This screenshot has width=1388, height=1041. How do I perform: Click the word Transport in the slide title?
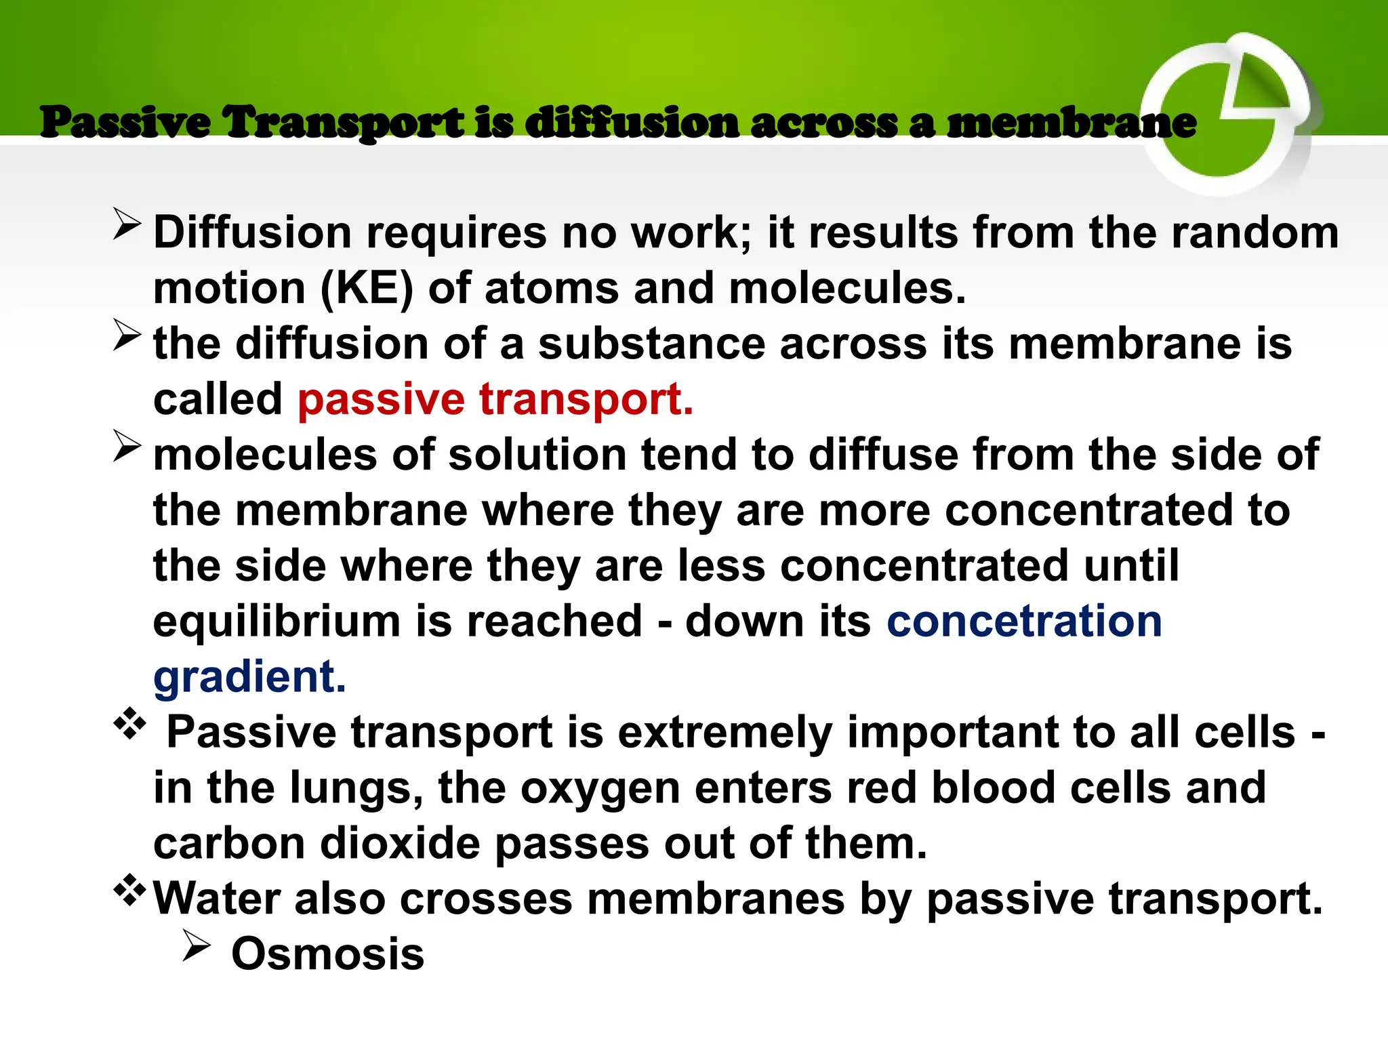click(344, 123)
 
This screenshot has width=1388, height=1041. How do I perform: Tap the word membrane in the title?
click(1071, 123)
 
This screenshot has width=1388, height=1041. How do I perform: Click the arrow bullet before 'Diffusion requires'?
click(127, 224)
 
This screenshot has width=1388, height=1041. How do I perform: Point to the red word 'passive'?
click(381, 400)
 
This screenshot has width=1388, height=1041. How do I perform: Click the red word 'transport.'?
click(586, 400)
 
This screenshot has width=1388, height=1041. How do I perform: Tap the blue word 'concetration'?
click(1024, 621)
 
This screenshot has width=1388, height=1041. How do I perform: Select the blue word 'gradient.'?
click(249, 677)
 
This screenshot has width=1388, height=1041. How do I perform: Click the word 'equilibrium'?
click(277, 621)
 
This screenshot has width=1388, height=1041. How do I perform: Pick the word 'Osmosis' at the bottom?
click(327, 954)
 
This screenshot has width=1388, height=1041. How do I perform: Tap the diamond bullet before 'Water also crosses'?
click(129, 891)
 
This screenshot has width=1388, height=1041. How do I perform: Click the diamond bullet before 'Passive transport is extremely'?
click(129, 724)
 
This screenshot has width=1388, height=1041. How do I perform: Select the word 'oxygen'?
click(600, 790)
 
